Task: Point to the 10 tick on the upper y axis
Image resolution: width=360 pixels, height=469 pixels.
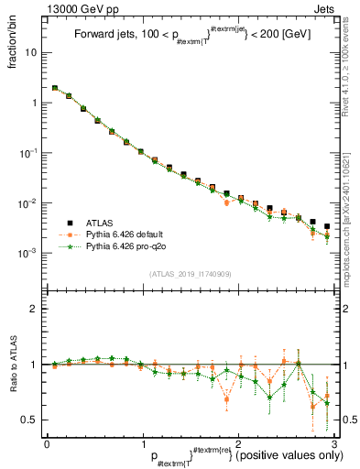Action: click(32, 52)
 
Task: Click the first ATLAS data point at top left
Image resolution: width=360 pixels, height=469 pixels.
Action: click(55, 89)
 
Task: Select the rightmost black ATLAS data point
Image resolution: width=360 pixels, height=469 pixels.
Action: click(327, 226)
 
